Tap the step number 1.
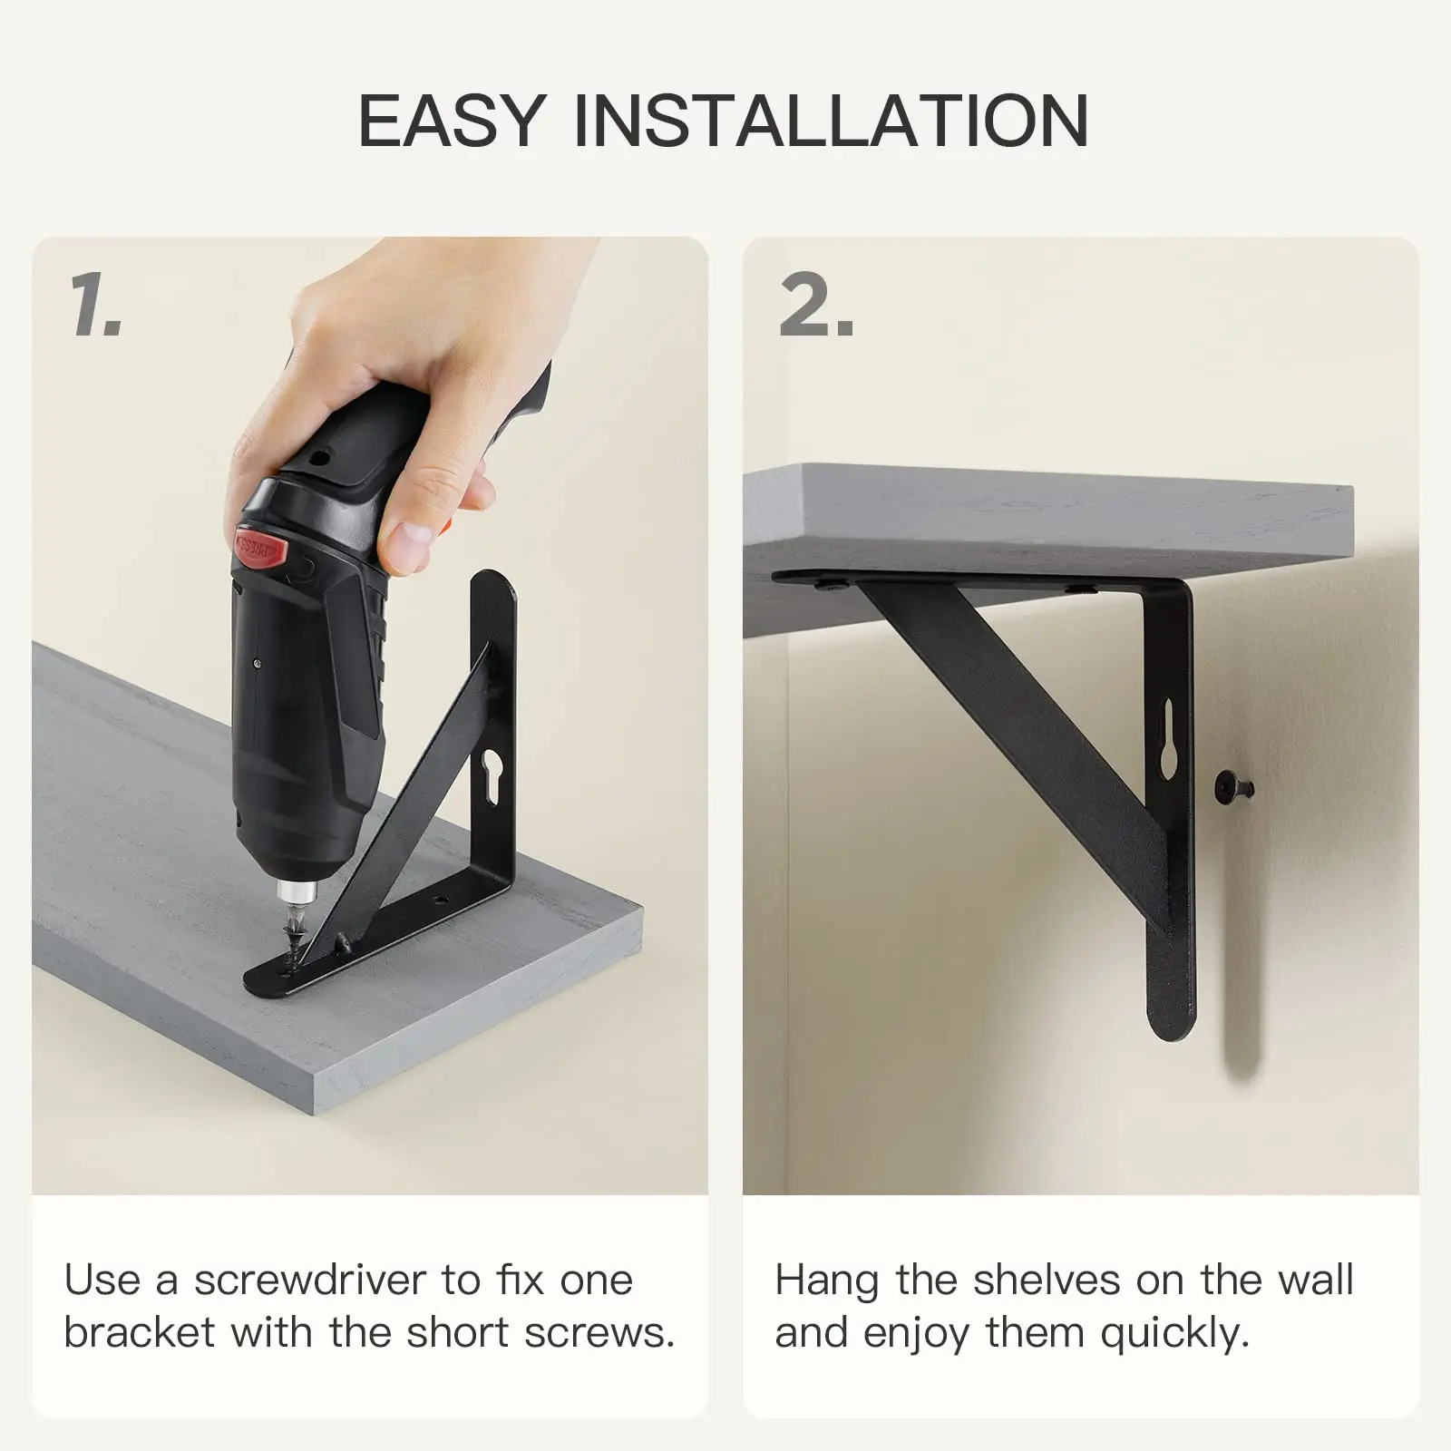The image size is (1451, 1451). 93,305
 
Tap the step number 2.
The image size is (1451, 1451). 816,305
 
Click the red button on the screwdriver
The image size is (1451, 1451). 261,547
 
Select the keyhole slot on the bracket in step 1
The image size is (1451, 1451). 492,776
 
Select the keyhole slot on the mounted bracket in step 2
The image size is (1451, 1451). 1168,739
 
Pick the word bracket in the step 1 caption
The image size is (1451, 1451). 140,1332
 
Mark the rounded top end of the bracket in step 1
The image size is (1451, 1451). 493,585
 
